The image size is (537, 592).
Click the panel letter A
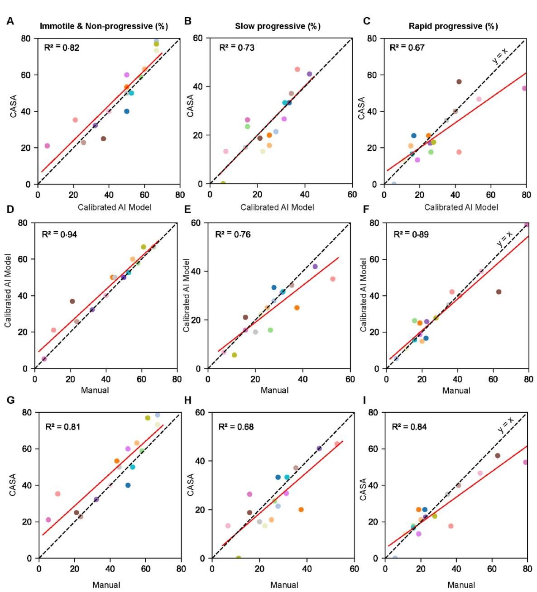tap(10, 21)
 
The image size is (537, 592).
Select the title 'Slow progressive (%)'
tap(278, 26)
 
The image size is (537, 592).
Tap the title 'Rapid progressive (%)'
tap(453, 26)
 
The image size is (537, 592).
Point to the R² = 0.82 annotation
tap(62, 48)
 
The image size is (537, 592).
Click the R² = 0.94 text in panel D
tap(59, 234)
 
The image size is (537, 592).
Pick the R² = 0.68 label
tap(236, 427)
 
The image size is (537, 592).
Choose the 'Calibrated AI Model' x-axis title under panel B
tap(277, 207)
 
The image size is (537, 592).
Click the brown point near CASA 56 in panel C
tap(459, 82)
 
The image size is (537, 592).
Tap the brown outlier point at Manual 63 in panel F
tap(499, 292)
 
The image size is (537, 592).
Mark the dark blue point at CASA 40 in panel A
tap(127, 111)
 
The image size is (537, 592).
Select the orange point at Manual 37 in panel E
tap(297, 308)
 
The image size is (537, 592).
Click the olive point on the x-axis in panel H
tap(238, 558)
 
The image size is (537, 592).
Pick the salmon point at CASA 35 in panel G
tap(58, 494)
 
